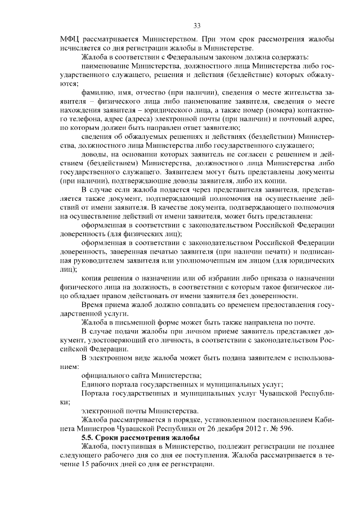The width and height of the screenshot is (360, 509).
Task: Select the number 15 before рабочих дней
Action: pos(85,465)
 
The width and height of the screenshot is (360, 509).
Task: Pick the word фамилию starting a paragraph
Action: pos(97,93)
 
